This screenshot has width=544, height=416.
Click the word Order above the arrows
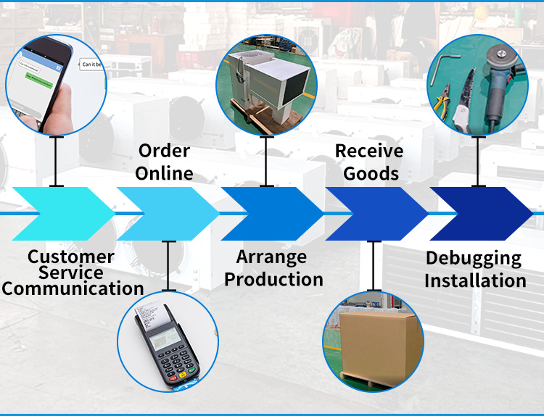[164, 151]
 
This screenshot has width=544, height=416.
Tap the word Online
[164, 173]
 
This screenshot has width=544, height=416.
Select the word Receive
[369, 151]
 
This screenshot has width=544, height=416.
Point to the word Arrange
[271, 257]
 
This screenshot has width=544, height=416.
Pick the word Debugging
[473, 258]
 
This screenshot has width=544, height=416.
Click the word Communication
[73, 288]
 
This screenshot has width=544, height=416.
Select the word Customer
[70, 256]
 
